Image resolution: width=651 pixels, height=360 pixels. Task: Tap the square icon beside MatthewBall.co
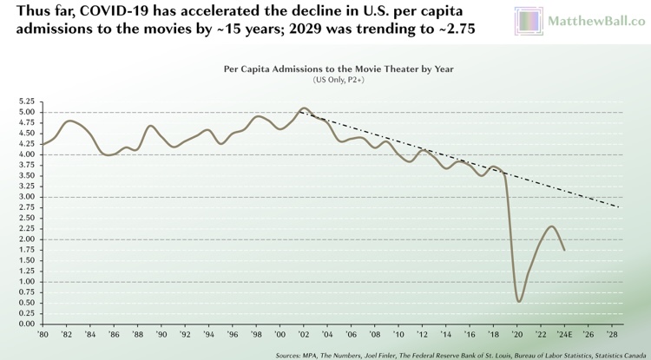tap(529, 20)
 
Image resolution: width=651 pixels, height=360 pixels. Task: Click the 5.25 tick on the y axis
tap(24, 101)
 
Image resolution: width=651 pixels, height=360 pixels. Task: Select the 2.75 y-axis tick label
tap(24, 207)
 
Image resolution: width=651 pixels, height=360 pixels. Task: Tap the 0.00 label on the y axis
tap(24, 324)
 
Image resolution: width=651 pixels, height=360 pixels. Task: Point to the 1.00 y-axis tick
tap(24, 281)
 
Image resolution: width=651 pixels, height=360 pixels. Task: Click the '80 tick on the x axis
tap(42, 333)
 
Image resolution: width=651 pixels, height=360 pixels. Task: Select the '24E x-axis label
tap(565, 333)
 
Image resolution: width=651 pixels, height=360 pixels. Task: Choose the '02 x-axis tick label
tap(303, 333)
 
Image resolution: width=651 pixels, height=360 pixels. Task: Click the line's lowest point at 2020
tap(519, 301)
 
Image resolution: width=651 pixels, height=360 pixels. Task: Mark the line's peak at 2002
tap(303, 108)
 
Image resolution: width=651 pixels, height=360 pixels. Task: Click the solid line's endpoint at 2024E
tap(565, 250)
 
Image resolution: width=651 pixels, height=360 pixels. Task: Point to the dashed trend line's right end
tap(618, 206)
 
